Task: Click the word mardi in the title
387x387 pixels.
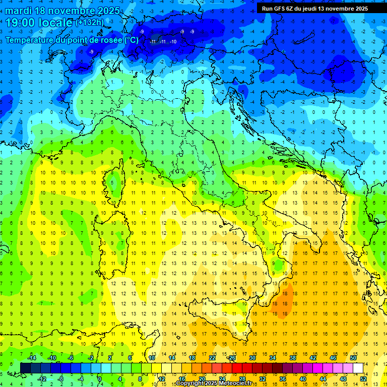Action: (x=17, y=11)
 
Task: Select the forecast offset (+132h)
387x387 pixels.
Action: (x=89, y=23)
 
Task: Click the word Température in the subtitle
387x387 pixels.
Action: (x=31, y=40)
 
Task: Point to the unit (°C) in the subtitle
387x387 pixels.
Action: (x=131, y=40)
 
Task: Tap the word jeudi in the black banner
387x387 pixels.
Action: (x=308, y=9)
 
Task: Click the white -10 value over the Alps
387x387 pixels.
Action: (x=173, y=42)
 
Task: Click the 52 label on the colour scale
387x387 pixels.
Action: (x=363, y=379)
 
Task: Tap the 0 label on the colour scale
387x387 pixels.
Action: (x=100, y=379)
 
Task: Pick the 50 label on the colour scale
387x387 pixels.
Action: (x=353, y=358)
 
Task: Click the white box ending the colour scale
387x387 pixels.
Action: (x=358, y=368)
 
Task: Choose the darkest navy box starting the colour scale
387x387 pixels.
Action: (x=25, y=368)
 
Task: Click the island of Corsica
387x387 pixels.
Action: (x=116, y=179)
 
